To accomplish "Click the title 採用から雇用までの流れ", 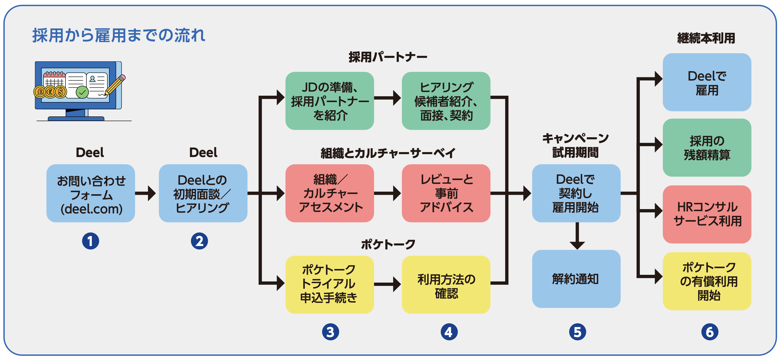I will click(119, 35).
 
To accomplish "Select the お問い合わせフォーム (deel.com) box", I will click(90, 193).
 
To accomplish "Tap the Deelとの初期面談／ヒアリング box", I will click(203, 193).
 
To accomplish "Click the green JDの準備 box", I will click(330, 101).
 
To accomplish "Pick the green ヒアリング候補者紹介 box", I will click(446, 101).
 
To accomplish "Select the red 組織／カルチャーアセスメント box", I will click(330, 193).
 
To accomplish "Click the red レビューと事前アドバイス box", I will click(446, 193).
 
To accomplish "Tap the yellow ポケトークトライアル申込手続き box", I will click(330, 284).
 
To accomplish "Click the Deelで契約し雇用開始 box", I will click(576, 193).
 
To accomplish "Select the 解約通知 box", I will click(576, 279).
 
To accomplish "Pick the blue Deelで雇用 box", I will click(707, 82).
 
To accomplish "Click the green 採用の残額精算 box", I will click(707, 148).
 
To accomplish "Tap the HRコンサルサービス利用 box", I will click(707, 214).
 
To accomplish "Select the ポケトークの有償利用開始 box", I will click(707, 281).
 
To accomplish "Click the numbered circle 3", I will click(330, 332).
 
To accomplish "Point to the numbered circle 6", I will click(709, 332).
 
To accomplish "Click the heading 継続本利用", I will click(706, 38).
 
